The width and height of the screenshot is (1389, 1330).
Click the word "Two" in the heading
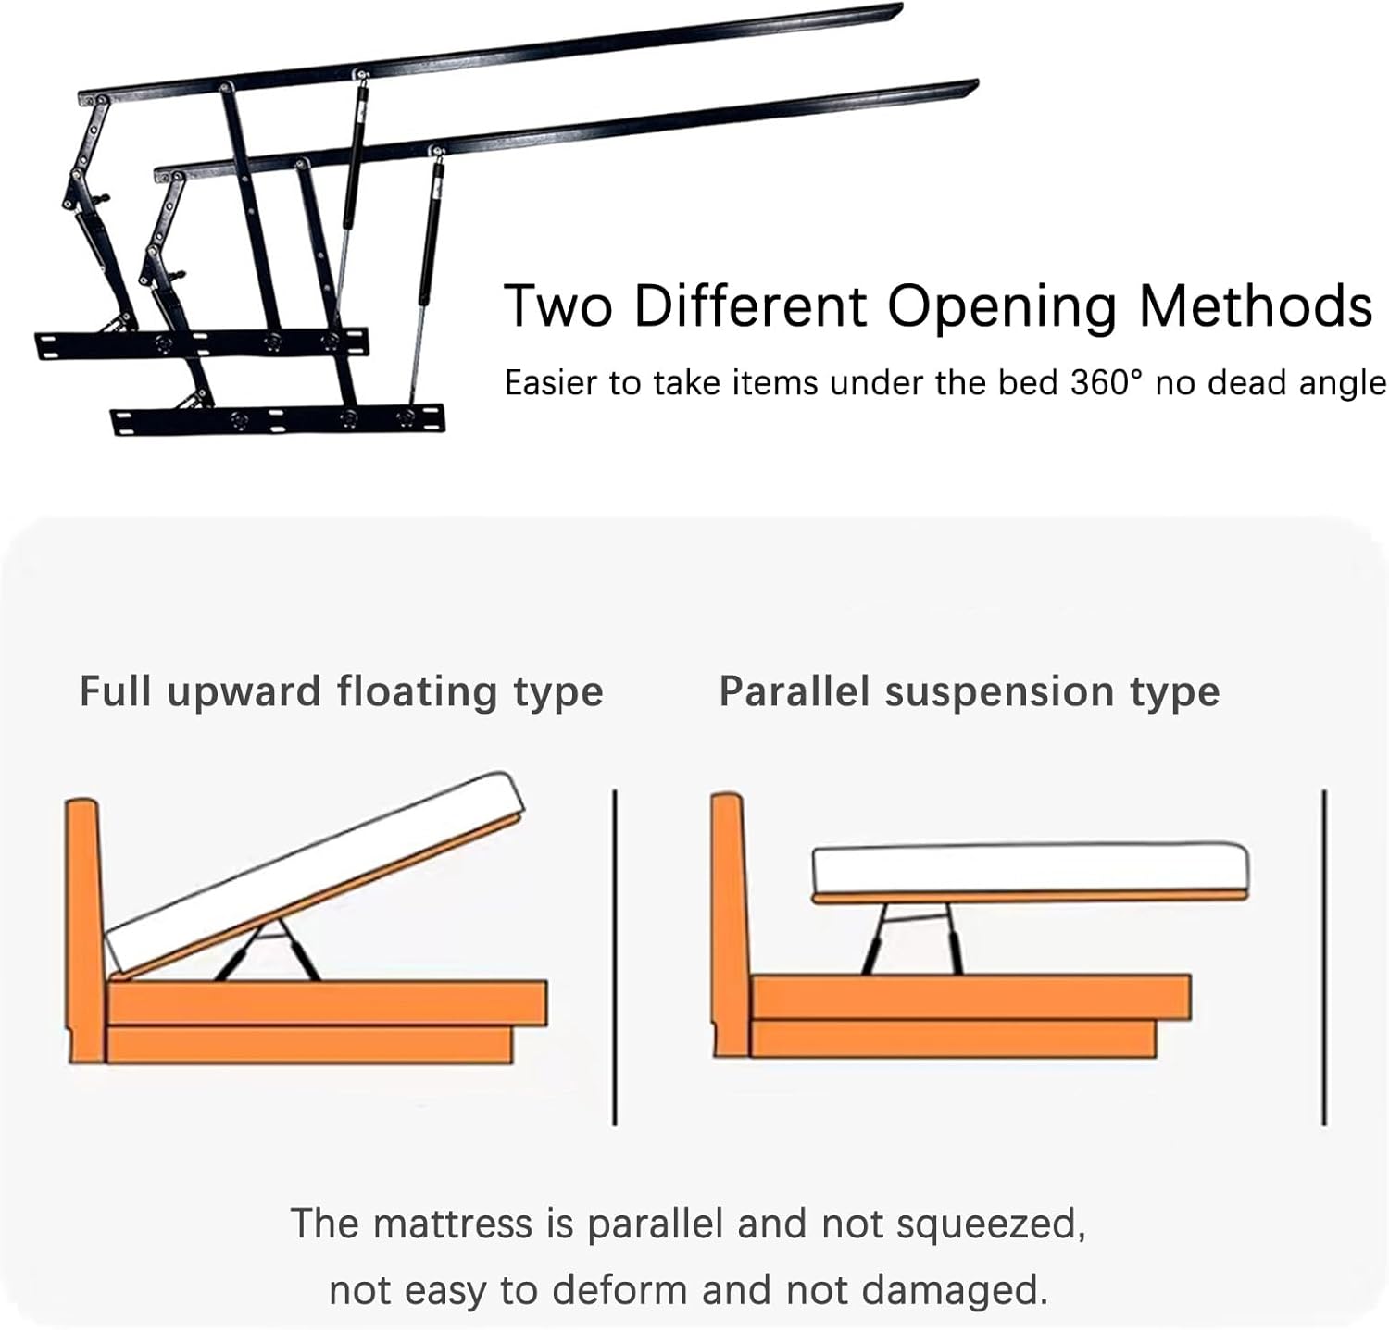(558, 305)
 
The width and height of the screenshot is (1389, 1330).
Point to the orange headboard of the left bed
(83, 926)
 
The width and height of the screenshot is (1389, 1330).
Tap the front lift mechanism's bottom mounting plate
(278, 419)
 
